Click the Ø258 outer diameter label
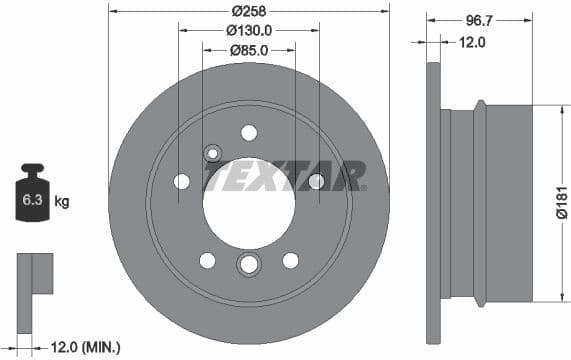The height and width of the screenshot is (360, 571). [248, 11]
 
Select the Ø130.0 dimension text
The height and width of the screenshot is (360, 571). [248, 30]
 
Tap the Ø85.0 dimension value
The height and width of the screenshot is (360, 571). [248, 50]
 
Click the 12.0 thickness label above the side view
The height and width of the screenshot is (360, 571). [471, 42]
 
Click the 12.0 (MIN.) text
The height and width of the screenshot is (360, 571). [86, 346]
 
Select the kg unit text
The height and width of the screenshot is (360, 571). [62, 202]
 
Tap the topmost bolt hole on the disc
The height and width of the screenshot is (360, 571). [249, 133]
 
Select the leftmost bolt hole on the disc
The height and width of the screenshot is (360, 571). [182, 181]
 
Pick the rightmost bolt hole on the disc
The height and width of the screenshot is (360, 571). [316, 181]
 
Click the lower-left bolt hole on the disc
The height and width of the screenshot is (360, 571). [207, 260]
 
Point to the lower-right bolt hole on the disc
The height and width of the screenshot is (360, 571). [290, 260]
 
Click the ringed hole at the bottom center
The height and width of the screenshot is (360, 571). [248, 264]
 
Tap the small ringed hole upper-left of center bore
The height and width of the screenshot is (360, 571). [212, 153]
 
